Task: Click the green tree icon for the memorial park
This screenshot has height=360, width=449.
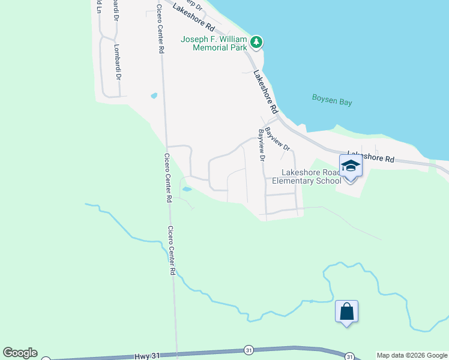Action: click(257, 41)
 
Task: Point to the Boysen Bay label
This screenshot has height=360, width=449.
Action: click(332, 100)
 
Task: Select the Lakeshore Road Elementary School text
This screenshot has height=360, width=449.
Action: click(307, 176)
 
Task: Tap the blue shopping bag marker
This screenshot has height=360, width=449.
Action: click(346, 312)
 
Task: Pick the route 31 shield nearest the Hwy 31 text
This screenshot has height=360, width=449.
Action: click(248, 350)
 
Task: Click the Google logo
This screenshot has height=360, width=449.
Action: click(20, 353)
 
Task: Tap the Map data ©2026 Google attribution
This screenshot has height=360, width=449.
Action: click(412, 355)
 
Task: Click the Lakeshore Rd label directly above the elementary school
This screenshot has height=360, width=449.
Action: click(371, 157)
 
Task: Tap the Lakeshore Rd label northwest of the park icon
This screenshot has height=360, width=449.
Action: click(193, 18)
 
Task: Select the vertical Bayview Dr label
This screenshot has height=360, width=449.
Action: click(262, 145)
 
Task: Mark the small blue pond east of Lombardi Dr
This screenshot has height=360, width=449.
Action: click(154, 95)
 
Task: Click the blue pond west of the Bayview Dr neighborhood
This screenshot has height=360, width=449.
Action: click(187, 189)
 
